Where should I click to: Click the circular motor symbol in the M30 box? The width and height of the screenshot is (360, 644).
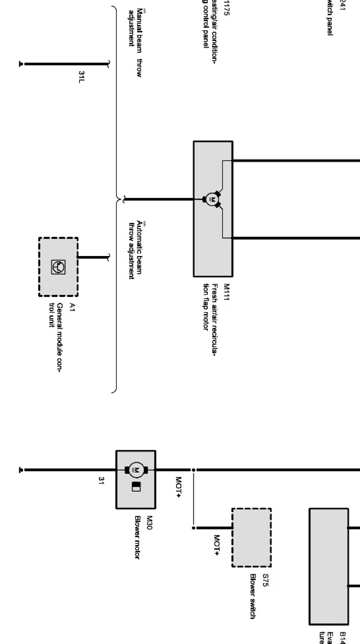136,470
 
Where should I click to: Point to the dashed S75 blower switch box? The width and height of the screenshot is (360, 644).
251,537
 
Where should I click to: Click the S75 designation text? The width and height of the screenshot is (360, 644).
265,581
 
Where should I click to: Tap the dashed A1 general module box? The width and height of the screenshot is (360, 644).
58,267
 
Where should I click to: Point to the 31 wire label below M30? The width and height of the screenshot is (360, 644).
101,480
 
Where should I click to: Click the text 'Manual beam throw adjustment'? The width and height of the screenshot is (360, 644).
135,43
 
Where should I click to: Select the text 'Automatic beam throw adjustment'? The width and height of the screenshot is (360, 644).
135,250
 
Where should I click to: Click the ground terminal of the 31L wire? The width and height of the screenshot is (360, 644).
21,64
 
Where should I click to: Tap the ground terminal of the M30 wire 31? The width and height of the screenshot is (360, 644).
21,470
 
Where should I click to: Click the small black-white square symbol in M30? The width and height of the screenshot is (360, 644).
136,487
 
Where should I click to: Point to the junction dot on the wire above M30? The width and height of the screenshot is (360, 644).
193,470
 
